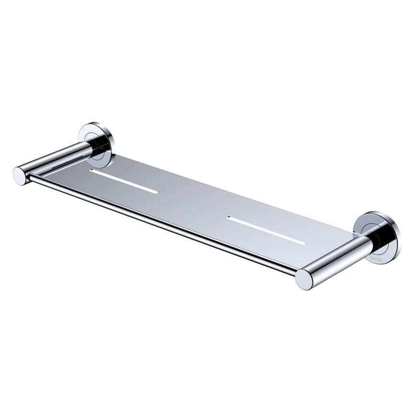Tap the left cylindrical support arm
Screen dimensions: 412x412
click(x=57, y=158)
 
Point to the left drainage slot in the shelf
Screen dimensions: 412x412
click(x=124, y=182)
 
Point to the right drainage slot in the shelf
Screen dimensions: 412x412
click(x=267, y=230)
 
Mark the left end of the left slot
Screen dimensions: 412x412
click(x=91, y=170)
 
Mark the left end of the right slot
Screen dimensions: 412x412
click(x=229, y=218)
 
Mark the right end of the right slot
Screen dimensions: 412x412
click(x=305, y=243)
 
